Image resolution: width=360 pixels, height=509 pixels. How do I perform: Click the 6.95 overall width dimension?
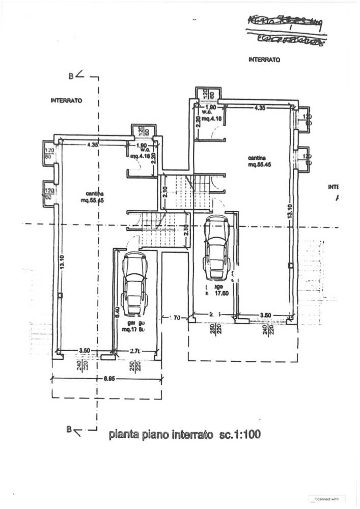pos(108,379)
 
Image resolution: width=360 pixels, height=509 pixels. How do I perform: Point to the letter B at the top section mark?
pos(71,76)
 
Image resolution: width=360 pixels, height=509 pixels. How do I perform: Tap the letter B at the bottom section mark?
pos(69,429)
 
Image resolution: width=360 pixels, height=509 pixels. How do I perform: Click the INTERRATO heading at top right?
pos(265,60)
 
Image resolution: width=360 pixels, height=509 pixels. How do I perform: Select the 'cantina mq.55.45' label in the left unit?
pos(95,197)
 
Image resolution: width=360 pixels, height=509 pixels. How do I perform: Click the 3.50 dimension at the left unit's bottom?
pos(85,351)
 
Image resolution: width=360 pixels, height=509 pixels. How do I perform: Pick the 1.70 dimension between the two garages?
pos(175,318)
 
